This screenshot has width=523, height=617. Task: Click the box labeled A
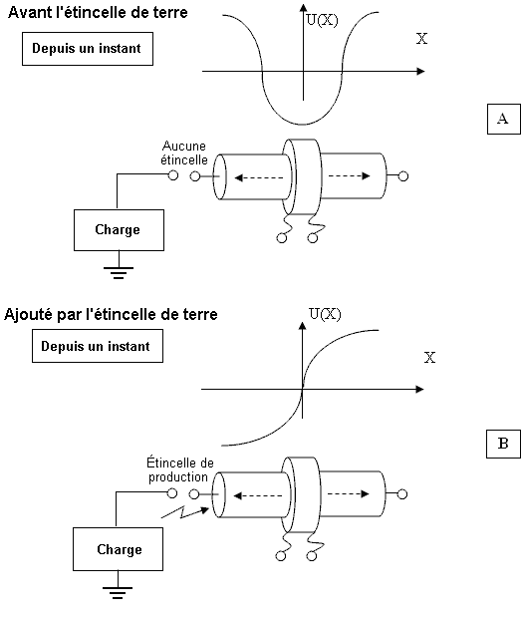(504, 119)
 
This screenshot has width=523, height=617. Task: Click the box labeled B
(503, 444)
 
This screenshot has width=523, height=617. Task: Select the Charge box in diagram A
(119, 230)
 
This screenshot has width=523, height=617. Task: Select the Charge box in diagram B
(118, 549)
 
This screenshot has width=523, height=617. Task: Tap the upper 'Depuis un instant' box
(88, 49)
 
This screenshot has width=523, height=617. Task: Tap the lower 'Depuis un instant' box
(98, 346)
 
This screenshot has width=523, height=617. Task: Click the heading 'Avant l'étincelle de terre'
(98, 13)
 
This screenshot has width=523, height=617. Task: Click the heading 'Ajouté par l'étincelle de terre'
(111, 314)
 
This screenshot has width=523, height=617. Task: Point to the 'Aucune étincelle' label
(184, 154)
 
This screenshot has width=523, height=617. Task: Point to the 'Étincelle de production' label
(179, 469)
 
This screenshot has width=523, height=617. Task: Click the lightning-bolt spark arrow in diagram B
(185, 512)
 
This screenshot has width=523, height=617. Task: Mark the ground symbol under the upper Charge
(119, 273)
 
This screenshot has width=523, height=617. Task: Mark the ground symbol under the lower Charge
(118, 593)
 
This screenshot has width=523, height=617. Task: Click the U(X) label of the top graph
(322, 20)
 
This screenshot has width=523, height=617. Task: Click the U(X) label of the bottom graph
(325, 314)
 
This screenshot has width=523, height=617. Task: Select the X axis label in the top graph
(421, 39)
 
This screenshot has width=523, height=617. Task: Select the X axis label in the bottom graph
(429, 357)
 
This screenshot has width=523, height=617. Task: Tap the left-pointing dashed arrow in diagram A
(259, 177)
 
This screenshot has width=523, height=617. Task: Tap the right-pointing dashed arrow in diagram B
(349, 493)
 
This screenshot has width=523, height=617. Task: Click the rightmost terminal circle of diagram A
(403, 176)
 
